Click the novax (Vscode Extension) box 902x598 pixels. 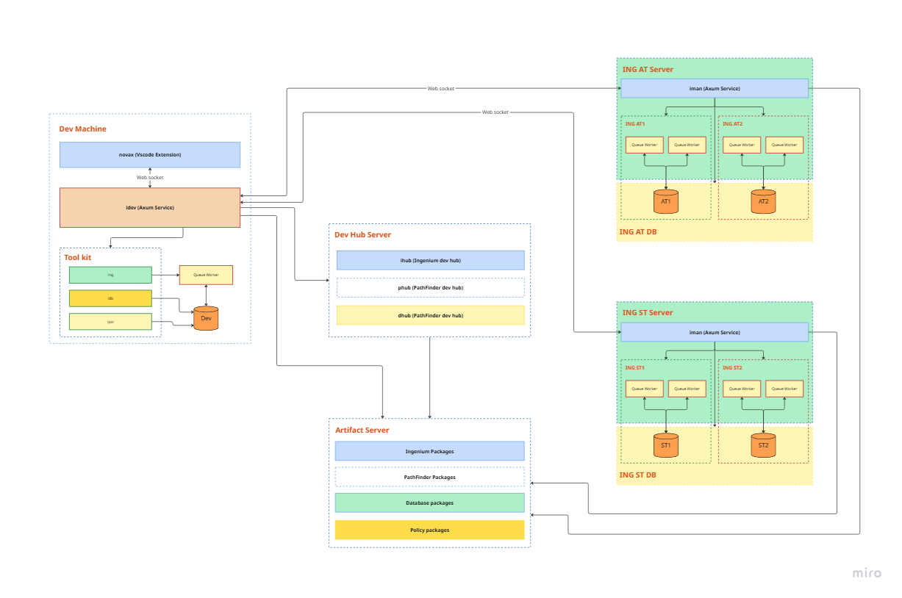(150, 155)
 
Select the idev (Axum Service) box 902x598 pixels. (150, 208)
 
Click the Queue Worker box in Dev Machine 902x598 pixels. (206, 275)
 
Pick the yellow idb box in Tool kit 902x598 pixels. (110, 298)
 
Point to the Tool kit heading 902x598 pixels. (78, 258)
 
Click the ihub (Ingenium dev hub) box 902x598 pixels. (430, 260)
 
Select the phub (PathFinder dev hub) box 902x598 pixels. (430, 287)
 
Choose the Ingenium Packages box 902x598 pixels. (429, 451)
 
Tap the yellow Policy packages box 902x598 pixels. (429, 530)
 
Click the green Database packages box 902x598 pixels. (429, 503)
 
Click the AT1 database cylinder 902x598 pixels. (666, 201)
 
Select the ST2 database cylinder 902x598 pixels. (763, 445)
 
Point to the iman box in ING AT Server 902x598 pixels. (714, 89)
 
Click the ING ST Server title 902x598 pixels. (648, 312)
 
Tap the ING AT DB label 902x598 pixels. (638, 231)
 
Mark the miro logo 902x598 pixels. (867, 573)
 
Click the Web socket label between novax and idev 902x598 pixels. (150, 178)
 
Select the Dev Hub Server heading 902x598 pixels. (363, 235)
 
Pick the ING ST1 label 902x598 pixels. (635, 367)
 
